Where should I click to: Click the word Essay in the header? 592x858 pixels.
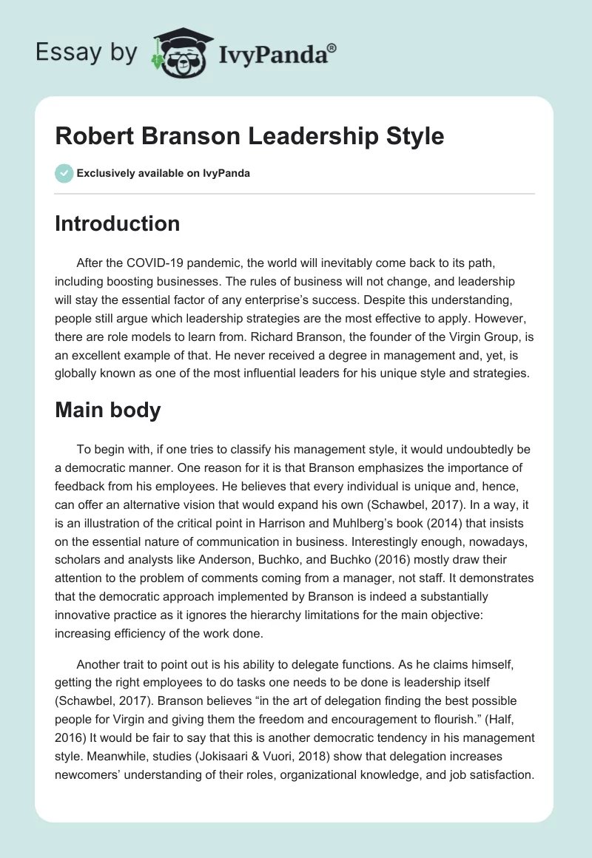[x=64, y=53]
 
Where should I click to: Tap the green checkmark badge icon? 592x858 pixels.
[x=64, y=173]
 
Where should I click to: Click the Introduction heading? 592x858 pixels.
[x=117, y=223]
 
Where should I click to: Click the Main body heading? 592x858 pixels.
[x=108, y=410]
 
